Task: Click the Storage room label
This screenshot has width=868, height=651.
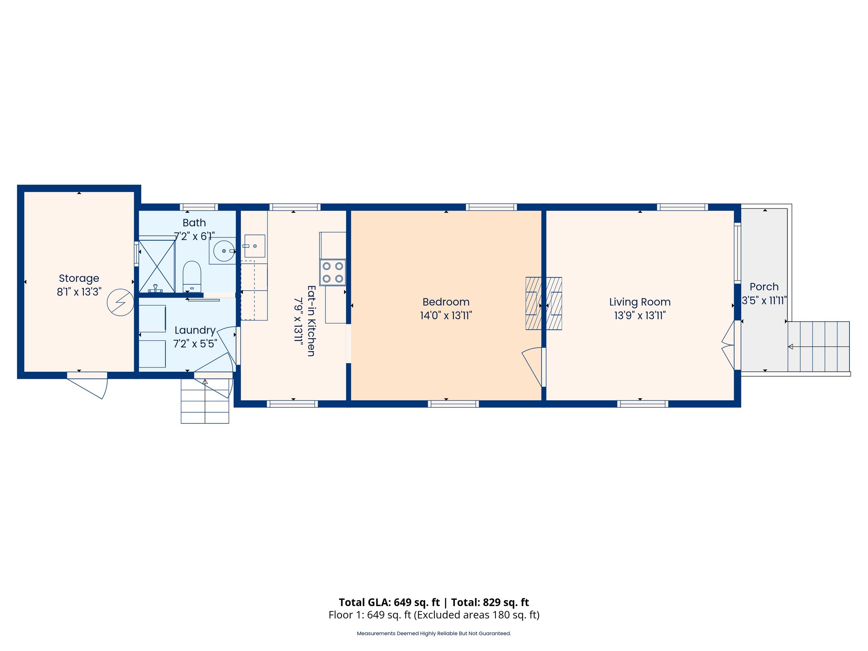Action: [x=79, y=278]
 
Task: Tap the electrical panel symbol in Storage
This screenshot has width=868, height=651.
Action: [x=120, y=302]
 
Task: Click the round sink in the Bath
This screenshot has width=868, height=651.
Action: [x=224, y=251]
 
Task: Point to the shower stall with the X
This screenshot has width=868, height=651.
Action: [x=157, y=266]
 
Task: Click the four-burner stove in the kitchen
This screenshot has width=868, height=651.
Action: [x=333, y=273]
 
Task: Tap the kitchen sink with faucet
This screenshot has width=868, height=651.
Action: [x=254, y=246]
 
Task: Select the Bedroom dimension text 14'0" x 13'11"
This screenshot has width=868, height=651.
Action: [x=446, y=316]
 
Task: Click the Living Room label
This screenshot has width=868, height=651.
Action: [x=640, y=302]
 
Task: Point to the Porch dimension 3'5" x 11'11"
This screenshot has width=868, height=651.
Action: [x=764, y=300]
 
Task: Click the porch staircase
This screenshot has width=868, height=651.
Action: [x=818, y=347]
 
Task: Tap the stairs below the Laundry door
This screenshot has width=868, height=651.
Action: [x=205, y=401]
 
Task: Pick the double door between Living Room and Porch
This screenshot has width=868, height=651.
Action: [x=729, y=345]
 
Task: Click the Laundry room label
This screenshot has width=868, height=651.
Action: [x=195, y=330]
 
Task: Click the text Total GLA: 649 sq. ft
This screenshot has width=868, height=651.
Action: [x=389, y=602]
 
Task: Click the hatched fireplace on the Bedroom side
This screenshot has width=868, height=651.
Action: [x=533, y=303]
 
